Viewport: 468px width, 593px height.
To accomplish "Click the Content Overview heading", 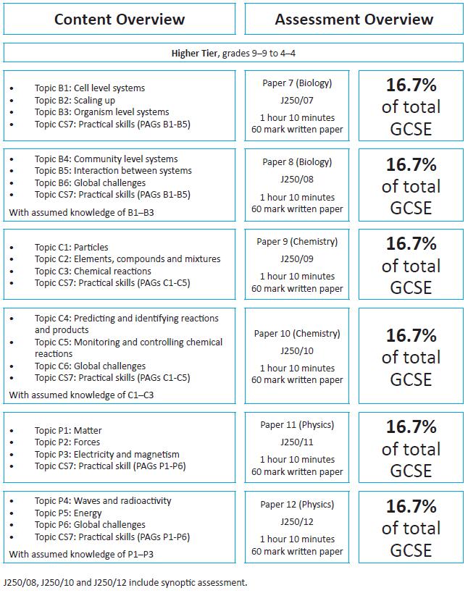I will pos(120,20).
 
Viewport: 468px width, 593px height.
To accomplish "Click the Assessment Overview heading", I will pos(354,20).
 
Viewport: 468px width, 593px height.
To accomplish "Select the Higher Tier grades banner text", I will pos(233,54).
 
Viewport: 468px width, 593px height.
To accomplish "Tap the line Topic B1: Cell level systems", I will pos(90,88).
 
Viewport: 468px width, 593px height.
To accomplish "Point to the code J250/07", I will pos(297,101).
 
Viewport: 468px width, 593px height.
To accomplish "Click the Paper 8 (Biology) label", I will pos(297,162).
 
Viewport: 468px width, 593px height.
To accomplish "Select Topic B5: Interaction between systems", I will pos(113,171).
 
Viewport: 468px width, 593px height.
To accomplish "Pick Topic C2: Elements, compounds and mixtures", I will pos(128,259).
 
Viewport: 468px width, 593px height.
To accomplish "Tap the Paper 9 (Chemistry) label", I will pos(297,242).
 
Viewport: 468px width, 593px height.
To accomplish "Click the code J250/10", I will pos(297,351).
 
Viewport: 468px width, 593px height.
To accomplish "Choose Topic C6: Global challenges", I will pos(90,366).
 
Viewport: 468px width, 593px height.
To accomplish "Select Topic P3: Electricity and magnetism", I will pos(106,455).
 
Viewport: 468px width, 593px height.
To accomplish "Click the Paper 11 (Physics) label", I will pos(297,425).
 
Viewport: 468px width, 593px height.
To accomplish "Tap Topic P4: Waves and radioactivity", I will pos(103,501).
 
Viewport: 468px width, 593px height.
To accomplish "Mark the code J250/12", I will pos(297,522).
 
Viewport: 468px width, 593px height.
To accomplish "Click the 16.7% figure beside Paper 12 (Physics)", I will pos(411,506).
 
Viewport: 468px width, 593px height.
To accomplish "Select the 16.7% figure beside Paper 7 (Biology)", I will pos(411,85).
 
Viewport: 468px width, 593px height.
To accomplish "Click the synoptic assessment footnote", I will pos(125,582).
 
